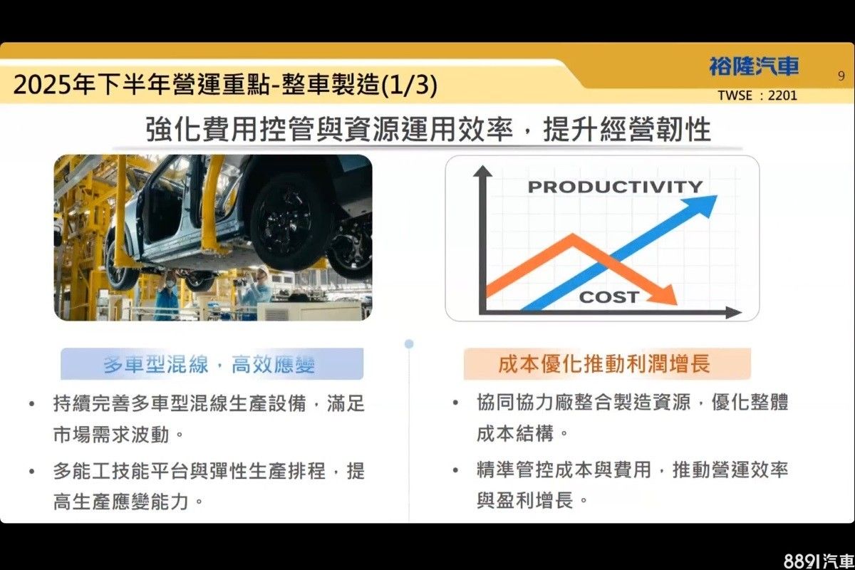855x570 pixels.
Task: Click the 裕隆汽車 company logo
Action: click(x=755, y=66)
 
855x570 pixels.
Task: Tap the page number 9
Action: click(x=841, y=76)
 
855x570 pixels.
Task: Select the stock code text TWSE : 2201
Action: click(x=757, y=95)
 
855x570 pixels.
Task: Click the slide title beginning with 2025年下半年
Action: click(x=225, y=84)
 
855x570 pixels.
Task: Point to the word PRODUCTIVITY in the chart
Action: click(x=616, y=187)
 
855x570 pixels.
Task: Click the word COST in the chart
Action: click(x=609, y=297)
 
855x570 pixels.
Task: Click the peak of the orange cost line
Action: click(x=573, y=237)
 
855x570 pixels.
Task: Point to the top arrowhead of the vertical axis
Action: click(x=483, y=171)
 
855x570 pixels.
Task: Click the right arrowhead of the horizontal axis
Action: click(x=734, y=313)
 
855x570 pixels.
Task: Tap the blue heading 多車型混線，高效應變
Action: click(x=209, y=364)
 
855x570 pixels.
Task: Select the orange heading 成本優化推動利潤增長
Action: click(x=604, y=363)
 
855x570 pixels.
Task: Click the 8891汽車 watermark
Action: click(x=819, y=561)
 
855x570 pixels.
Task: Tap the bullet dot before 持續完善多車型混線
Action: click(x=32, y=403)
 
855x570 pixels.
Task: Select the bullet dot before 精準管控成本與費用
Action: click(x=455, y=470)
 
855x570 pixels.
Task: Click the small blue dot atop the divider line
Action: click(x=409, y=344)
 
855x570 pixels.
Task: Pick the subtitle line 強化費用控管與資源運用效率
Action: click(x=329, y=129)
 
